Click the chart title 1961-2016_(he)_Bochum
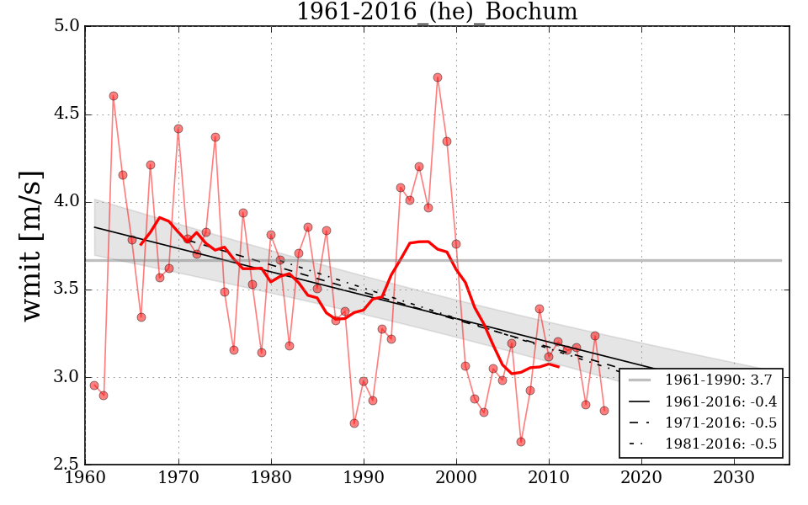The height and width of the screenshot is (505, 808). (x=437, y=13)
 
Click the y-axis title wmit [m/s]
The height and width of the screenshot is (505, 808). (x=32, y=245)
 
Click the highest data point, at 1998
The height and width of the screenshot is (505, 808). (x=438, y=77)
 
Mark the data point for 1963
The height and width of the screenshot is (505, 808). (x=114, y=96)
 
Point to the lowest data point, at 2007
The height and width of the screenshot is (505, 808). (x=521, y=442)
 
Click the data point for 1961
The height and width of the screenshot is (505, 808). (x=94, y=385)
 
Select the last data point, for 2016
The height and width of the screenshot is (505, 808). (x=604, y=411)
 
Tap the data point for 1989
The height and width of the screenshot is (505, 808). (x=354, y=423)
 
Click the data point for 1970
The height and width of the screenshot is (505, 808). (x=178, y=129)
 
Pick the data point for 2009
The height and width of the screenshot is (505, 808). (x=540, y=309)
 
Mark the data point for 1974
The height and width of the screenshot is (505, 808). (x=215, y=137)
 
